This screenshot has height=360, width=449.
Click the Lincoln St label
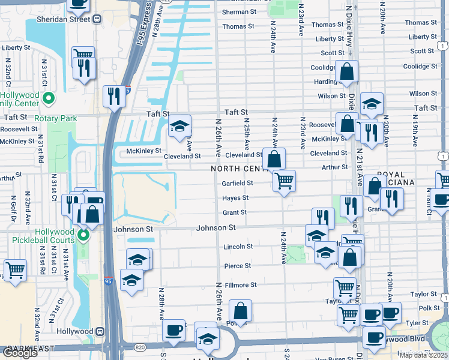pos(238,247)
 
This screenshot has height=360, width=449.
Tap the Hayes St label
pos(236,198)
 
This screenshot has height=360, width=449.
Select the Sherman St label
pos(239,11)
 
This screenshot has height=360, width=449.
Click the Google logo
pos(19,353)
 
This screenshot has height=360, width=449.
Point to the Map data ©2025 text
pos(423,355)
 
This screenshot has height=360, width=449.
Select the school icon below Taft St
pos(179,127)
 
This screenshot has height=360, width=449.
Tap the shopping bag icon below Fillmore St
pos(240,311)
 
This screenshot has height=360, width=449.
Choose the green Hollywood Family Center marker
pos(50,98)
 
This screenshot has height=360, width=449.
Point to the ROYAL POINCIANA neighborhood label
pos(382,179)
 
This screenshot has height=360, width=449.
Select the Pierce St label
pos(238,266)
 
